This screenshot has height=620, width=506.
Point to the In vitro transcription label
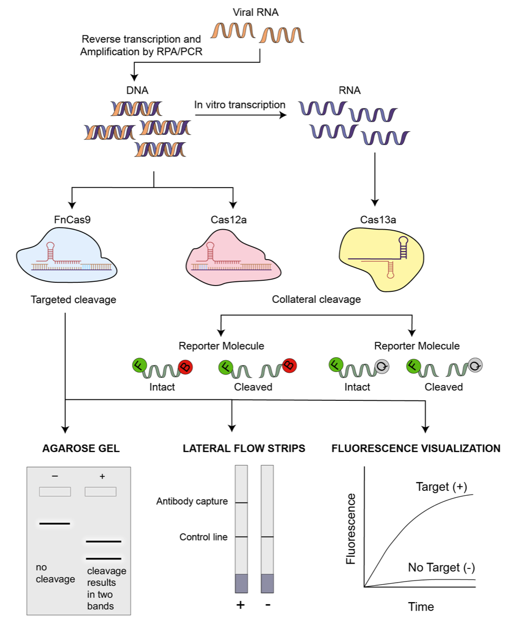click(239, 104)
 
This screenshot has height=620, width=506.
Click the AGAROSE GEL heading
click(81, 449)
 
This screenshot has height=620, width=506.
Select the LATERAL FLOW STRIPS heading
click(244, 449)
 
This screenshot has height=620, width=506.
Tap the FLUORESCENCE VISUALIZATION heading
click(416, 449)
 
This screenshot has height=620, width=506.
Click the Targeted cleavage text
click(73, 300)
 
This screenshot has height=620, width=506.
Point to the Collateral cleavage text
click(316, 300)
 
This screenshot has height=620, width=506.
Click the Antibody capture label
click(192, 501)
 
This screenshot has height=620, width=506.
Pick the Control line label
click(203, 537)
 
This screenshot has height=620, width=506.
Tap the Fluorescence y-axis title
click(350, 528)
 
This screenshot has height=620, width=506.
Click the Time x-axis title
click(421, 607)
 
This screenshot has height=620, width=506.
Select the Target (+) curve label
click(442, 486)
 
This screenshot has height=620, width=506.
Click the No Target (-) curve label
click(442, 567)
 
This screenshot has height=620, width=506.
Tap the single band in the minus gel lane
click(55, 524)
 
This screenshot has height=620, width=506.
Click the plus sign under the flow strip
click(240, 605)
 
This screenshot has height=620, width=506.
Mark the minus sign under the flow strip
click(268, 605)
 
